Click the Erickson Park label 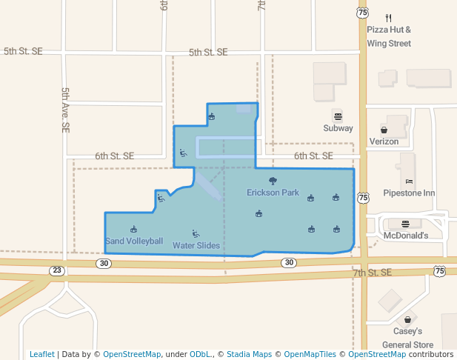click(x=273, y=193)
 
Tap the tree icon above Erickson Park click(x=273, y=181)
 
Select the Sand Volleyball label click(x=134, y=241)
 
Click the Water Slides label click(x=196, y=245)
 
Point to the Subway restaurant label click(x=338, y=128)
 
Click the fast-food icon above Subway click(x=338, y=116)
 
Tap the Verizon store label click(x=384, y=141)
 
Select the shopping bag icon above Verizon click(x=384, y=130)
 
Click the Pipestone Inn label click(x=409, y=193)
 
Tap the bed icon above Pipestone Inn click(x=409, y=181)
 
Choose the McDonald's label click(x=405, y=236)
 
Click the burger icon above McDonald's click(x=405, y=224)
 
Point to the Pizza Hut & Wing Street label click(x=389, y=36)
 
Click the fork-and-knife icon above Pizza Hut click(x=389, y=18)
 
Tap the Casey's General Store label click(x=407, y=338)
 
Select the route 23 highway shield click(x=57, y=270)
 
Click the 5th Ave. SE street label click(x=65, y=110)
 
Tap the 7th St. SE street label click(x=371, y=273)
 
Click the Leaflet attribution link click(x=41, y=354)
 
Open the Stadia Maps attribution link click(x=249, y=354)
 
